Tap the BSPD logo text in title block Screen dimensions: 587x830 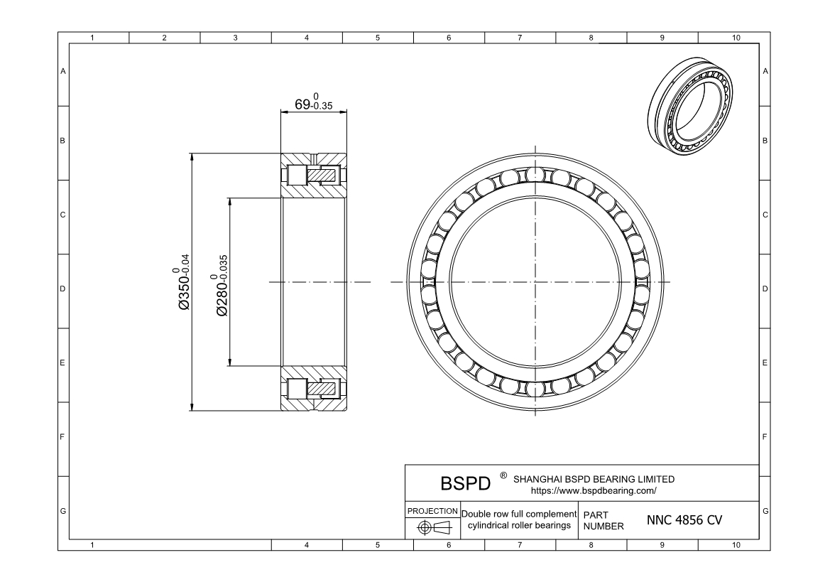[x=466, y=483]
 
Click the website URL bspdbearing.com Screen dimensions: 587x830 [x=594, y=490]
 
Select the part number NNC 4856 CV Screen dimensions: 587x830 [x=684, y=520]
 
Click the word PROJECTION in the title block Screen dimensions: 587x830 [x=432, y=511]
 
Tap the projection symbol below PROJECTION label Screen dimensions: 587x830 [x=432, y=527]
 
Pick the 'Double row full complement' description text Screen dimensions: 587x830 [x=518, y=513]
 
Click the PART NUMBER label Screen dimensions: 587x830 [x=603, y=520]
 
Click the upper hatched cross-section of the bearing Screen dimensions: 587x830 [x=314, y=176]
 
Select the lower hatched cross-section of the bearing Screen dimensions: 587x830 [x=314, y=389]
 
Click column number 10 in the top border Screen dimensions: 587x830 [x=735, y=38]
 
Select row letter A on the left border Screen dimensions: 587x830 [x=63, y=71]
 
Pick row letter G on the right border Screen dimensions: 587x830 [x=765, y=511]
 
